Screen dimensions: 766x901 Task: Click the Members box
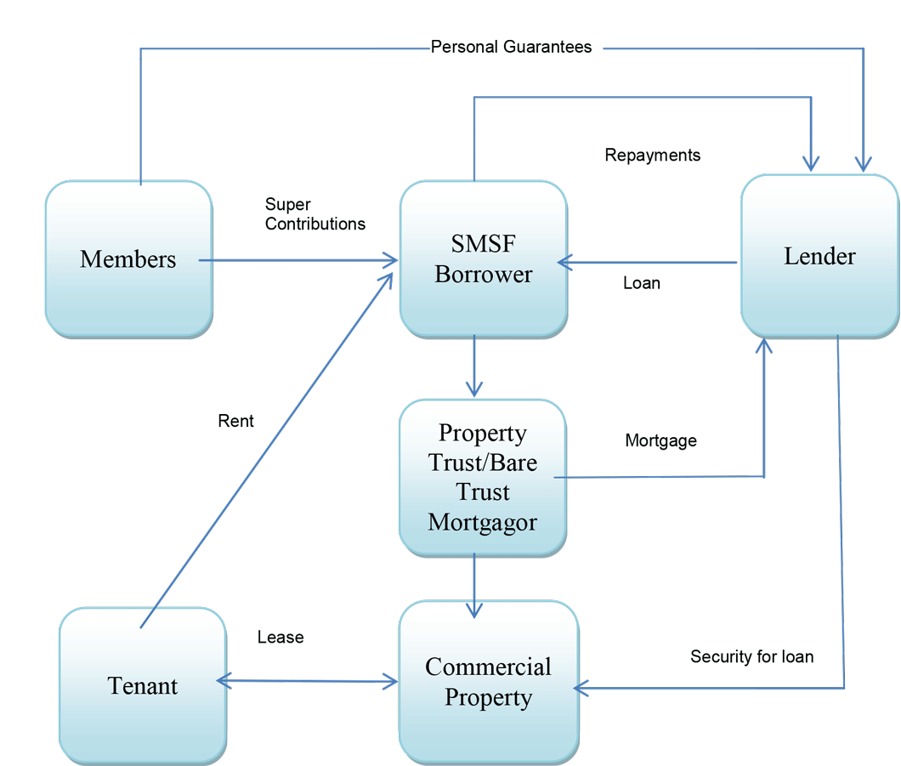pyautogui.click(x=128, y=258)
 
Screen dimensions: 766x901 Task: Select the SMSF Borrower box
pyautogui.click(x=483, y=258)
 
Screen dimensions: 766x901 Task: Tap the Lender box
pyautogui.click(x=819, y=255)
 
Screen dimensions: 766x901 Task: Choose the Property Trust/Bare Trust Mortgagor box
pyautogui.click(x=482, y=477)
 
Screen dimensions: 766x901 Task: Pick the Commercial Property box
pyautogui.click(x=488, y=682)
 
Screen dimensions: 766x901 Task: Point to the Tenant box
pyautogui.click(x=143, y=685)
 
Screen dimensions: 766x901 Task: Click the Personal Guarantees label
pyautogui.click(x=511, y=47)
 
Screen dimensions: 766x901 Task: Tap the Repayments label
pyautogui.click(x=652, y=155)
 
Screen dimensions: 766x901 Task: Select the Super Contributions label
pyautogui.click(x=314, y=214)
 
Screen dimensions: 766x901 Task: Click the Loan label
pyautogui.click(x=641, y=283)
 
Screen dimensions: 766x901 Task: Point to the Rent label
pyautogui.click(x=235, y=421)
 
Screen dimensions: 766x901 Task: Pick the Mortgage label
pyautogui.click(x=660, y=440)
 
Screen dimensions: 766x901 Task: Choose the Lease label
pyautogui.click(x=280, y=637)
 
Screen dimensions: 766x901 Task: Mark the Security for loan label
pyautogui.click(x=751, y=656)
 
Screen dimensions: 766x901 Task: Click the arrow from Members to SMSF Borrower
pyautogui.click(x=297, y=260)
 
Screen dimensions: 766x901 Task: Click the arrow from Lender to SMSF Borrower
pyautogui.click(x=646, y=263)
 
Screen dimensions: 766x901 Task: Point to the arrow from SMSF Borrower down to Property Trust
pyautogui.click(x=473, y=366)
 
